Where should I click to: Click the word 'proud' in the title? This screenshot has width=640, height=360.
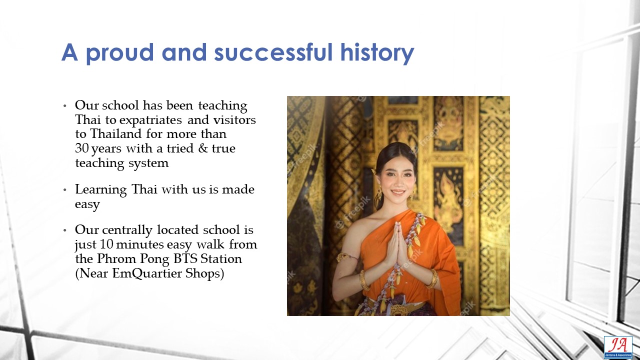(119, 53)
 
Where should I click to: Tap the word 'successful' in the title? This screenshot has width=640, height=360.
(273, 52)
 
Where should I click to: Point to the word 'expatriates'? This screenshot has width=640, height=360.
(150, 120)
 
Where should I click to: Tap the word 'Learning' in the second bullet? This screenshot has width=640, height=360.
(101, 190)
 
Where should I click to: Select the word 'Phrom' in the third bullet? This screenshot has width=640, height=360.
(116, 259)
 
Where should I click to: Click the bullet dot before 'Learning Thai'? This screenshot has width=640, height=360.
(65, 189)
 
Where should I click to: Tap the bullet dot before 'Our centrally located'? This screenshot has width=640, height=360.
(65, 230)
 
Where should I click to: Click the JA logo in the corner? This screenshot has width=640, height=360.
(617, 347)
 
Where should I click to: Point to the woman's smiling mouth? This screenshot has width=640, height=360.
(397, 192)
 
